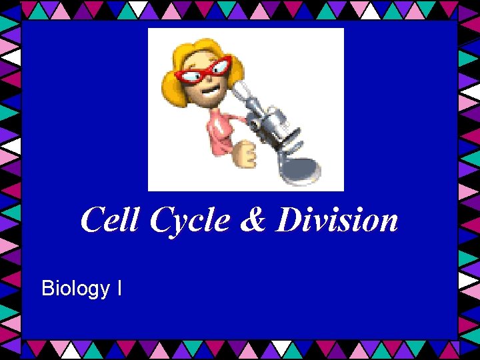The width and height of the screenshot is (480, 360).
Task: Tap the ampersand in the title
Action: point(253,220)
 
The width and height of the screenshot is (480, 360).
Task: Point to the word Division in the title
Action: point(337,220)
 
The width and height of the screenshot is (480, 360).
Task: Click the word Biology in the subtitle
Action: point(75,289)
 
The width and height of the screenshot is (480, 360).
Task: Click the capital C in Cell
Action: point(91,220)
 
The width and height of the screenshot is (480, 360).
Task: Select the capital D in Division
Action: point(288,220)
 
